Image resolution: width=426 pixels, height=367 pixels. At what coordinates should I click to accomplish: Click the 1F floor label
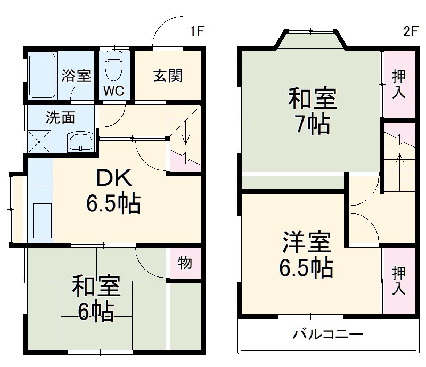[197, 31]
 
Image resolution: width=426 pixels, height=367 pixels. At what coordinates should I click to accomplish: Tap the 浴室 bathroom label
[76, 76]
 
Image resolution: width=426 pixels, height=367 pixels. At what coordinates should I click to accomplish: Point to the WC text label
[113, 91]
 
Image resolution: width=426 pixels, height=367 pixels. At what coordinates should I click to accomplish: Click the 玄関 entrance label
[168, 76]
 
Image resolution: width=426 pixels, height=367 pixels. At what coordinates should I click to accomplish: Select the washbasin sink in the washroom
[80, 142]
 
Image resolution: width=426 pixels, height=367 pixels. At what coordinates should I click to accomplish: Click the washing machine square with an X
[38, 141]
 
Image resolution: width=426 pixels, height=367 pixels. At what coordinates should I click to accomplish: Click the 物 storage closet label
[185, 263]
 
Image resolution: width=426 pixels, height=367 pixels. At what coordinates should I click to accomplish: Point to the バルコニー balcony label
[327, 335]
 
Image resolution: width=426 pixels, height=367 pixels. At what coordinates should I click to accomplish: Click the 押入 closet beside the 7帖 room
[399, 84]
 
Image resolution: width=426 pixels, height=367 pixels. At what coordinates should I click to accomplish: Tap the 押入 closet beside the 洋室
[398, 280]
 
